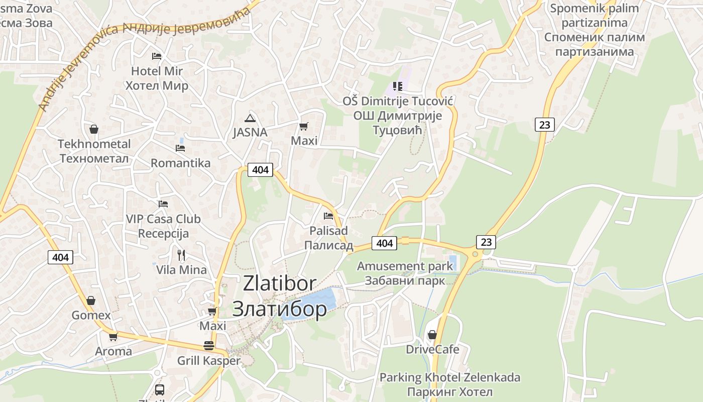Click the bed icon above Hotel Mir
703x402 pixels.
pos(157,56)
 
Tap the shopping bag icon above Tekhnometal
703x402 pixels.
pos(93,129)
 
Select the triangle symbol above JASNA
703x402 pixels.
pos(250,119)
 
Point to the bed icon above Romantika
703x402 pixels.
pos(180,148)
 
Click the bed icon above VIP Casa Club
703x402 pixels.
pos(163,204)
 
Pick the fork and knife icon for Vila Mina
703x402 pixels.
pos(181,255)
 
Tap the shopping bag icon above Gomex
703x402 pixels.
pos(91,300)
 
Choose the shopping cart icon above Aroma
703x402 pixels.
pos(113,337)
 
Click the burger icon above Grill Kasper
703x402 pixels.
pos(209,346)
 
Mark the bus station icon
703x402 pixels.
pos(159,389)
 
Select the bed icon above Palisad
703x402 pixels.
pos(328,216)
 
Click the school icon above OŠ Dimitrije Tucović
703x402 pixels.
pos(398,86)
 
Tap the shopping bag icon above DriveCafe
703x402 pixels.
pos(432,335)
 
